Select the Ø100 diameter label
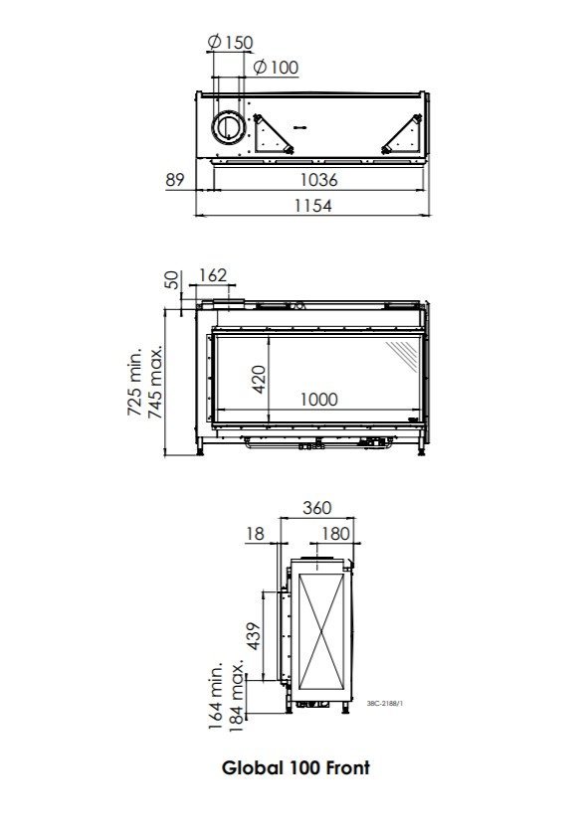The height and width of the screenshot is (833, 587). coord(276,67)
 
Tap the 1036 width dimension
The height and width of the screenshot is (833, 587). coord(318,180)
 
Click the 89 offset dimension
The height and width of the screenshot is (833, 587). coord(175,180)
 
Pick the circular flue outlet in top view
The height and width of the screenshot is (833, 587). coord(228,127)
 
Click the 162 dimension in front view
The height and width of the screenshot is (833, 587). coord(213,275)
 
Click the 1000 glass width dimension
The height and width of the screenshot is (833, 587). coord(318,400)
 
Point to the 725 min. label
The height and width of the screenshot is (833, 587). coord(136,382)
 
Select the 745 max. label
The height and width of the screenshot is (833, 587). coord(157,382)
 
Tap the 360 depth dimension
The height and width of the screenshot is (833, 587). coord(315,508)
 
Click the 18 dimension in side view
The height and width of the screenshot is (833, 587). coord(256,534)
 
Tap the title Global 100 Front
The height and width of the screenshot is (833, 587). coord(295,767)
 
